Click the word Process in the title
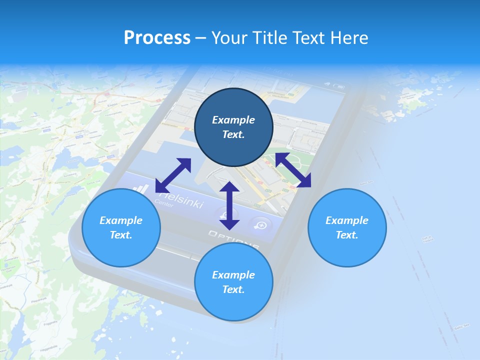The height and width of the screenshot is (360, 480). [x=157, y=38]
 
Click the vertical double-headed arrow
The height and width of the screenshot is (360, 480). [x=229, y=206]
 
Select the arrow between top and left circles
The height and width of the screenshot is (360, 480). [x=173, y=175]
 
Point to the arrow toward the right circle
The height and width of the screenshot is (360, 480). [x=293, y=170]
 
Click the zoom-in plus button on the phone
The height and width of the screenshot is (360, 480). [x=261, y=224]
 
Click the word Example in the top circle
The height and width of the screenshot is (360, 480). [x=233, y=120]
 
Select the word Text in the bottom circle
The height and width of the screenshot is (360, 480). [x=233, y=289]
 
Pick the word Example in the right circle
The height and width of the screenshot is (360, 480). [x=347, y=220]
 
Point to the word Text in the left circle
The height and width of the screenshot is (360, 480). [x=121, y=235]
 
